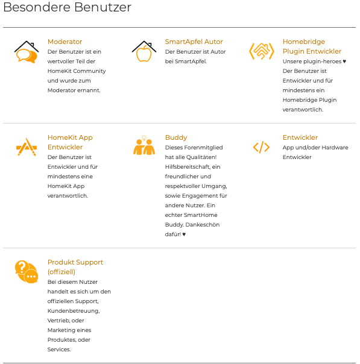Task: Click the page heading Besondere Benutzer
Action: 67,8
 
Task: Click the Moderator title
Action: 65,42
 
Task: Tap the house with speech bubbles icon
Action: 27,52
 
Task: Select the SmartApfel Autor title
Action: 194,42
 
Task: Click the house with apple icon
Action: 144,52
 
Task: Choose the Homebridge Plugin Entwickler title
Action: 312,46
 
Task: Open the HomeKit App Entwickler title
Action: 70,142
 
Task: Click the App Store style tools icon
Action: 26,147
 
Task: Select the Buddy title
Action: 176,137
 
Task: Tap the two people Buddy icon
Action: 144,146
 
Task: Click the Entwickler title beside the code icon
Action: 300,137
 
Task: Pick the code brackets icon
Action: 261,147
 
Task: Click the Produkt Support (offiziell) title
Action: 75,267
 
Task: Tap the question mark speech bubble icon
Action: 27,272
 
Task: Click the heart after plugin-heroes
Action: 344,61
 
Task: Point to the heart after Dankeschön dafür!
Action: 184,234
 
